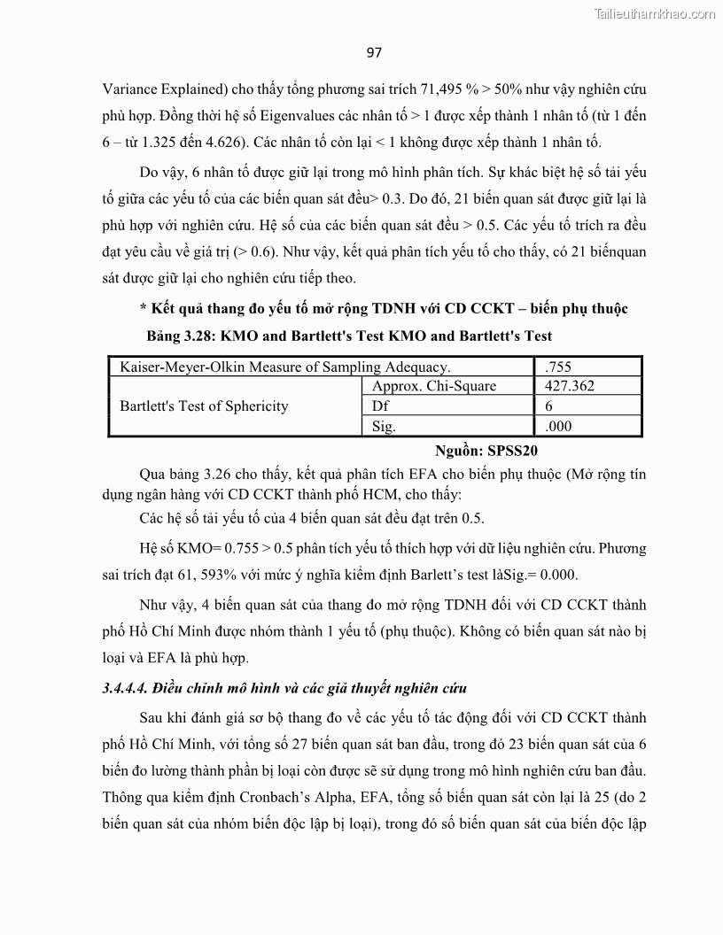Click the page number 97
(374, 52)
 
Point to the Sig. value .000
(559, 426)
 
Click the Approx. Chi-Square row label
(434, 386)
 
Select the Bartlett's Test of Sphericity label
(204, 406)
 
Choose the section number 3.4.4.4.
(126, 688)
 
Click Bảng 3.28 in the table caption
(183, 336)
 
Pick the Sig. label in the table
(384, 426)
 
